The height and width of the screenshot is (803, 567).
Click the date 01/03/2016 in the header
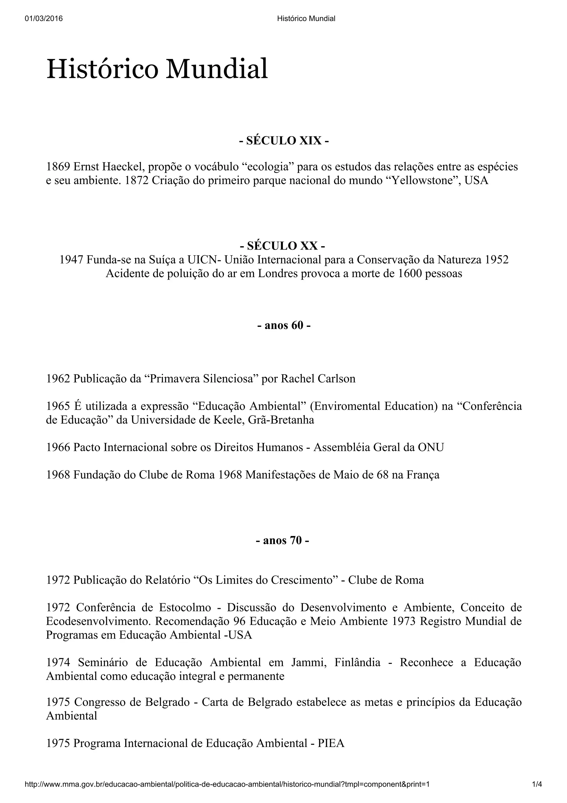[44, 19]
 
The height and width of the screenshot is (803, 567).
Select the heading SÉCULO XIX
[284, 141]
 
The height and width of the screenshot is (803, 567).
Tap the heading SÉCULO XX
[282, 246]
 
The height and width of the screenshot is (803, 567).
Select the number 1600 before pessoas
[411, 274]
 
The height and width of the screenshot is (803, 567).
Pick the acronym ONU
[431, 447]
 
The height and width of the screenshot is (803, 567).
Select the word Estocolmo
[185, 608]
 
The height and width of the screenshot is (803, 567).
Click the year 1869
[58, 167]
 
